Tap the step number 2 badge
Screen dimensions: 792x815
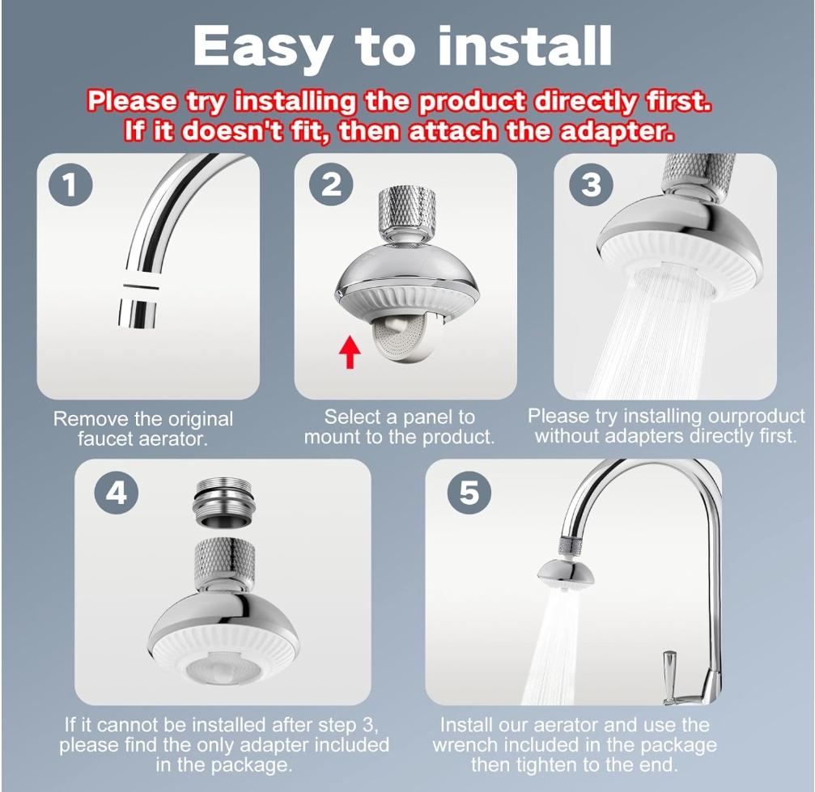click(332, 185)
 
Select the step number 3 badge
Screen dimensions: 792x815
click(592, 185)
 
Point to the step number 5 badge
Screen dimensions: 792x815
click(469, 493)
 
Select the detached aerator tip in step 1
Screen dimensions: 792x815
click(136, 311)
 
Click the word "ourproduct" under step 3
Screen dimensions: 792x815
click(758, 417)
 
